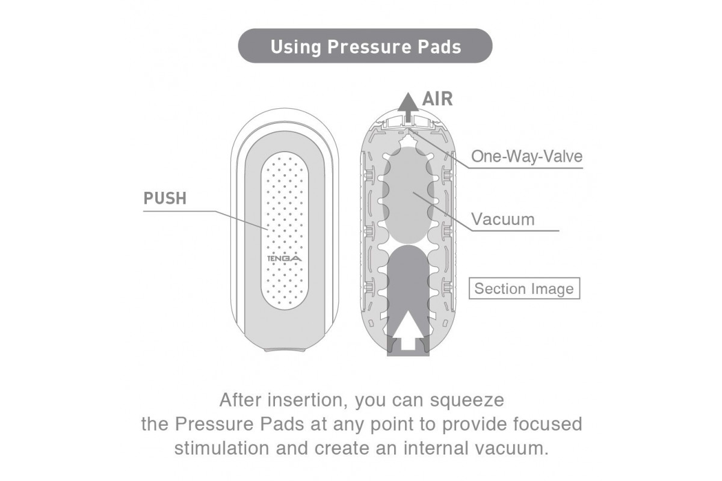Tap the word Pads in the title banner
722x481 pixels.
point(438,46)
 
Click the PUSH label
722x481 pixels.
point(165,198)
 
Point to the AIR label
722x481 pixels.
point(437,99)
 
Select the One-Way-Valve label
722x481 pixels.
point(526,157)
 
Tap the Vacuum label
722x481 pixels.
point(502,218)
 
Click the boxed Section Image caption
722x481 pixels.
point(523,289)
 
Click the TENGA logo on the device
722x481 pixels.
point(285,259)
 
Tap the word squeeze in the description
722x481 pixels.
point(471,399)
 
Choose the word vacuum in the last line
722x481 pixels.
point(513,449)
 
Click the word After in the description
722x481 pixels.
point(239,399)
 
